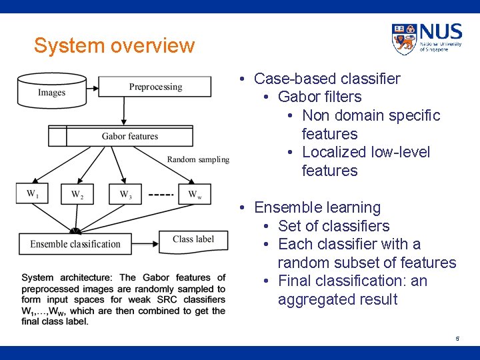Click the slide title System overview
114,46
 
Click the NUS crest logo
404,39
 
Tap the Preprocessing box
155,87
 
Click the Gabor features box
130,136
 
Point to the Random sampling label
198,159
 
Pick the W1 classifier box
33,194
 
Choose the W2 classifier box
77,194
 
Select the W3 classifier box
125,194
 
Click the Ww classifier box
195,194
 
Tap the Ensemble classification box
75,244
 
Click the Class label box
193,239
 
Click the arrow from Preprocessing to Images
93,87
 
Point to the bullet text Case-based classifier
327,79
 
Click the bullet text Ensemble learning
317,207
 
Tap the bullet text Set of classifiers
333,226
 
